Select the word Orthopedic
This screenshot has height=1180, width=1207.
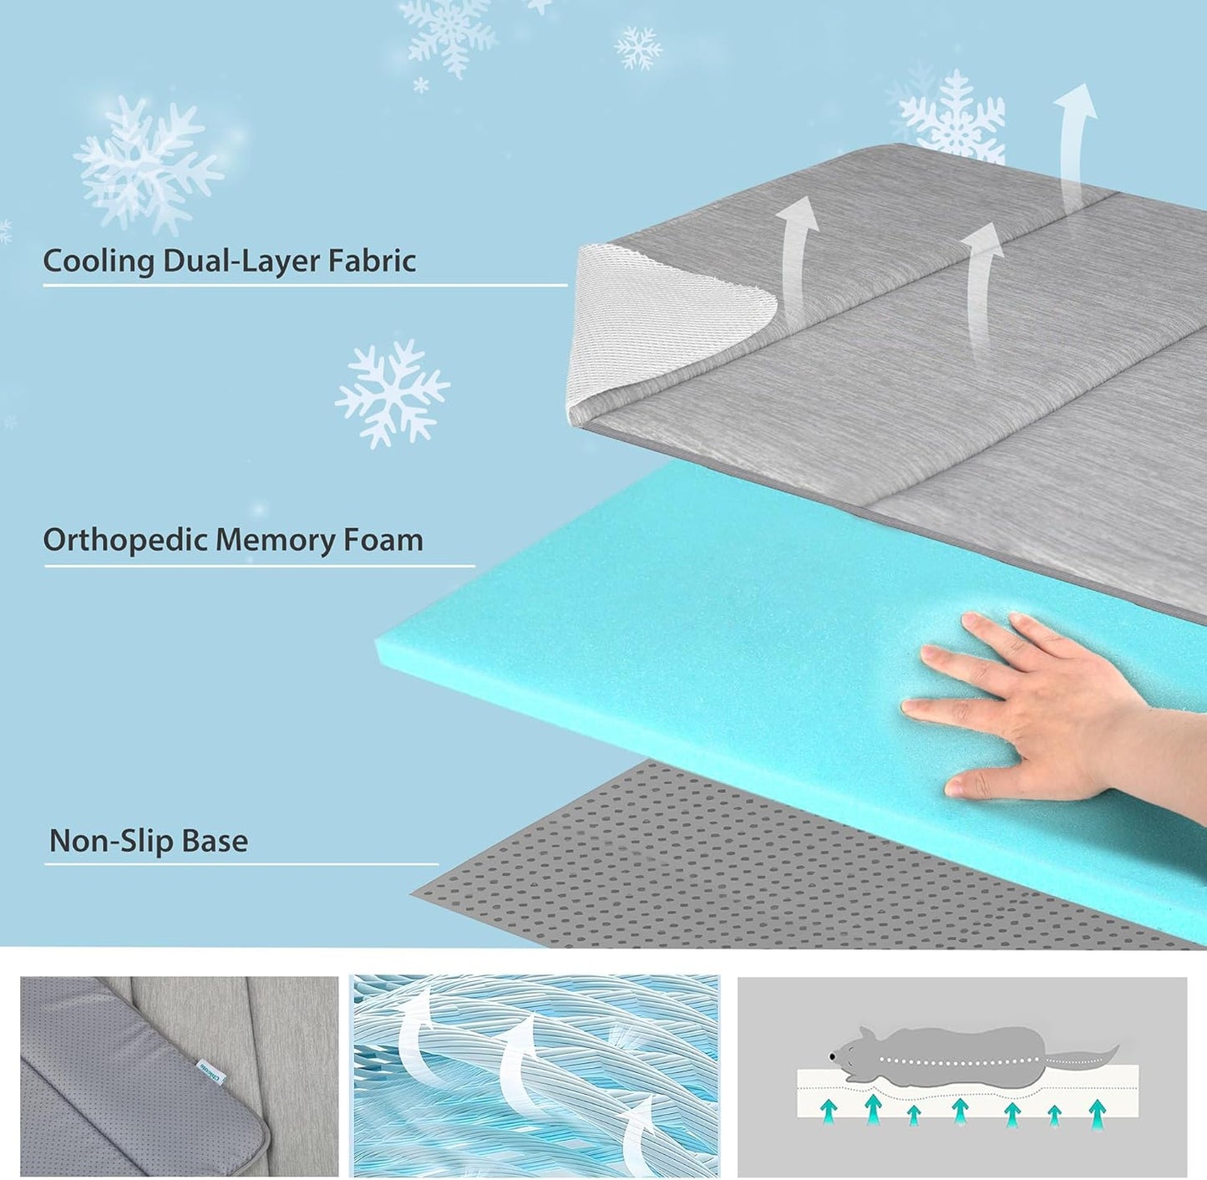click(125, 541)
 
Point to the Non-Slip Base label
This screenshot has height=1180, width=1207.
click(149, 841)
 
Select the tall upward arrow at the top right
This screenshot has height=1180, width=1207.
click(1074, 142)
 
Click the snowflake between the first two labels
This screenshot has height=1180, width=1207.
click(392, 393)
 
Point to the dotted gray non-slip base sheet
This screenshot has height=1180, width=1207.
click(668, 877)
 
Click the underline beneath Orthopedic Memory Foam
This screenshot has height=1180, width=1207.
click(259, 567)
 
